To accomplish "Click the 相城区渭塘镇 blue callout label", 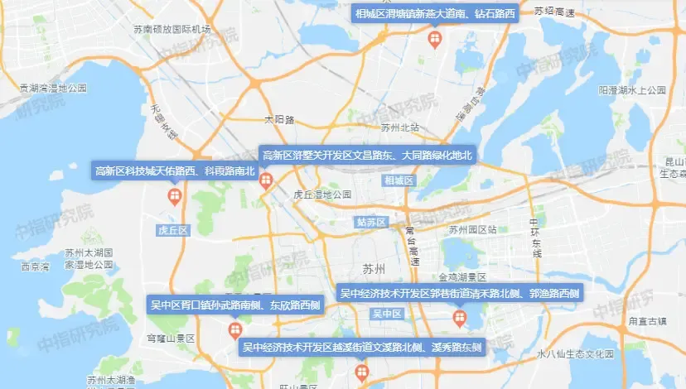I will tap(435, 14).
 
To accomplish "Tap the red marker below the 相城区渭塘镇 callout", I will tap(434, 39).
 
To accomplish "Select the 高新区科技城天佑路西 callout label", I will tap(174, 171).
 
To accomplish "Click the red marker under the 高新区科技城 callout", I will tap(175, 196).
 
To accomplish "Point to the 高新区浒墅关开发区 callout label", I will tap(367, 155).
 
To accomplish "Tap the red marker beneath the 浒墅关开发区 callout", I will tap(266, 180).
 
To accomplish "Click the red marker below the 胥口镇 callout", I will tap(234, 330).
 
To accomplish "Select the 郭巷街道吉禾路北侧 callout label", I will tap(460, 293).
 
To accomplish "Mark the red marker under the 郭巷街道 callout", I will tap(459, 318).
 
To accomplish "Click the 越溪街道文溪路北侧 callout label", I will tap(362, 348).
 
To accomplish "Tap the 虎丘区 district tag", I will tap(174, 230).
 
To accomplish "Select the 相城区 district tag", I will tap(399, 180).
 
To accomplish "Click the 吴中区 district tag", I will tap(387, 314).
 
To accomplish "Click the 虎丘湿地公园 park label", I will tap(323, 194).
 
